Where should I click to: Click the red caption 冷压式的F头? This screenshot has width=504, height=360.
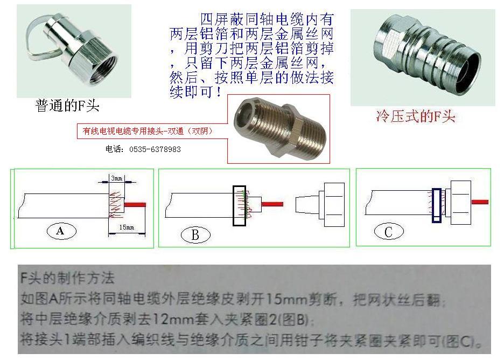415,116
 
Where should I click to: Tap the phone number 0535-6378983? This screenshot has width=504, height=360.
143,149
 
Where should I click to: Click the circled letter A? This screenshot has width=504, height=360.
60,231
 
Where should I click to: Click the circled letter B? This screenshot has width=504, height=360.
195,235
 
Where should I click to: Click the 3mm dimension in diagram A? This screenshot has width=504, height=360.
116,177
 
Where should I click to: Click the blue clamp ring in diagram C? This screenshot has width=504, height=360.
436,205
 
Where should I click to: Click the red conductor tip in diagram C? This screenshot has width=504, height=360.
480,202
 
